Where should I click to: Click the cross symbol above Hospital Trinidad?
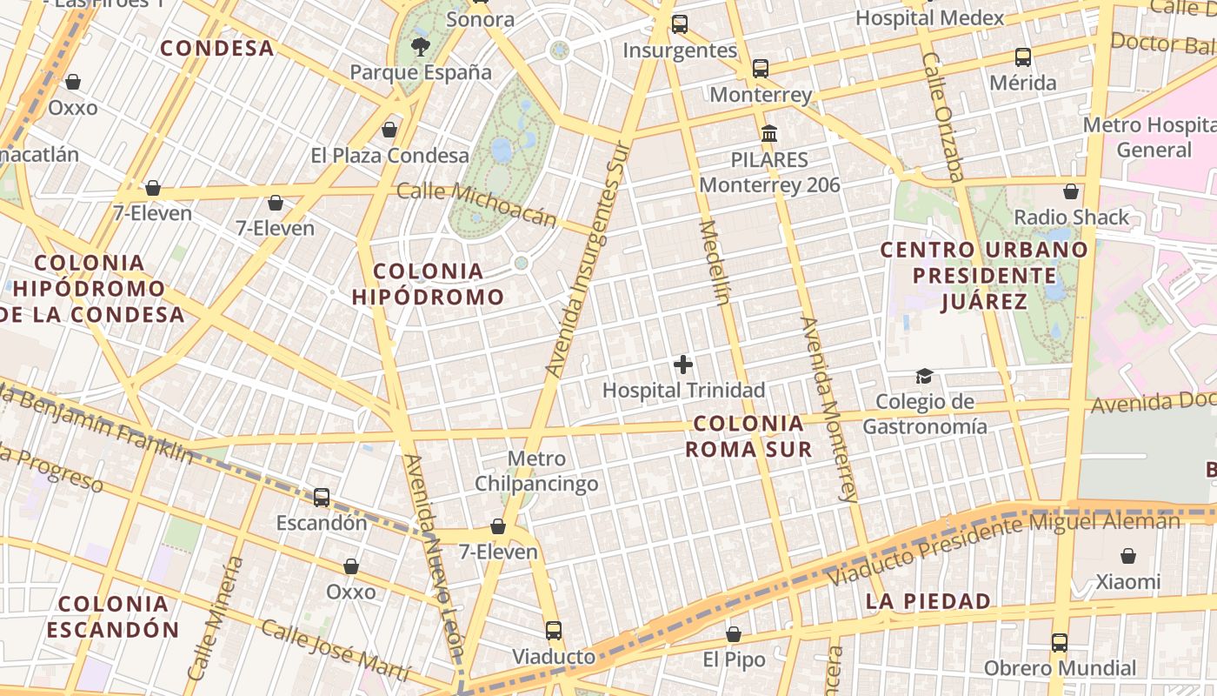click(683, 365)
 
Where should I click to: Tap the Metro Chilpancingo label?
click(536, 471)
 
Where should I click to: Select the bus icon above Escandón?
click(322, 498)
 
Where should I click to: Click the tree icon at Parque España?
click(421, 46)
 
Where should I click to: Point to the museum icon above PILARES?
click(769, 134)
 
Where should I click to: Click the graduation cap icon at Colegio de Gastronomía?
click(924, 376)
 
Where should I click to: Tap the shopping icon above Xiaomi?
click(1127, 556)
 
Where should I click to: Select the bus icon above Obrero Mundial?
click(1060, 643)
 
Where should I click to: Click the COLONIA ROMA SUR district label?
click(748, 436)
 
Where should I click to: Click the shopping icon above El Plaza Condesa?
click(389, 130)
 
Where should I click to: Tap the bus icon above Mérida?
click(1023, 57)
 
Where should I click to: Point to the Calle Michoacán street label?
click(475, 204)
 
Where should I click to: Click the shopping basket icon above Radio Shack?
click(1071, 191)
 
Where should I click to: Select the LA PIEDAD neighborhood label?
click(928, 601)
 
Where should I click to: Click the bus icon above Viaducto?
click(554, 631)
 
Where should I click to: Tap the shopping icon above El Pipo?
click(734, 634)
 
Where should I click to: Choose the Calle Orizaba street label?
click(943, 117)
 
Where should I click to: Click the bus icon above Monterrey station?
click(761, 68)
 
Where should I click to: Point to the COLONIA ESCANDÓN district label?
click(113, 616)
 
